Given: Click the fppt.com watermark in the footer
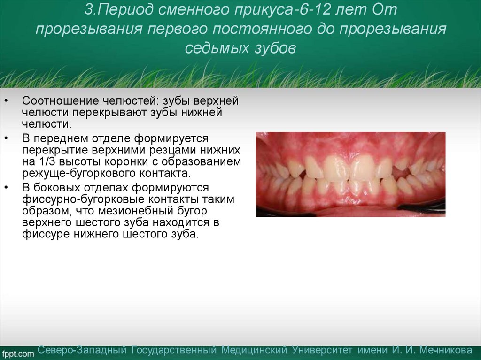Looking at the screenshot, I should click(x=17, y=353).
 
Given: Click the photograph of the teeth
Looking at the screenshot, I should click(x=350, y=174).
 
